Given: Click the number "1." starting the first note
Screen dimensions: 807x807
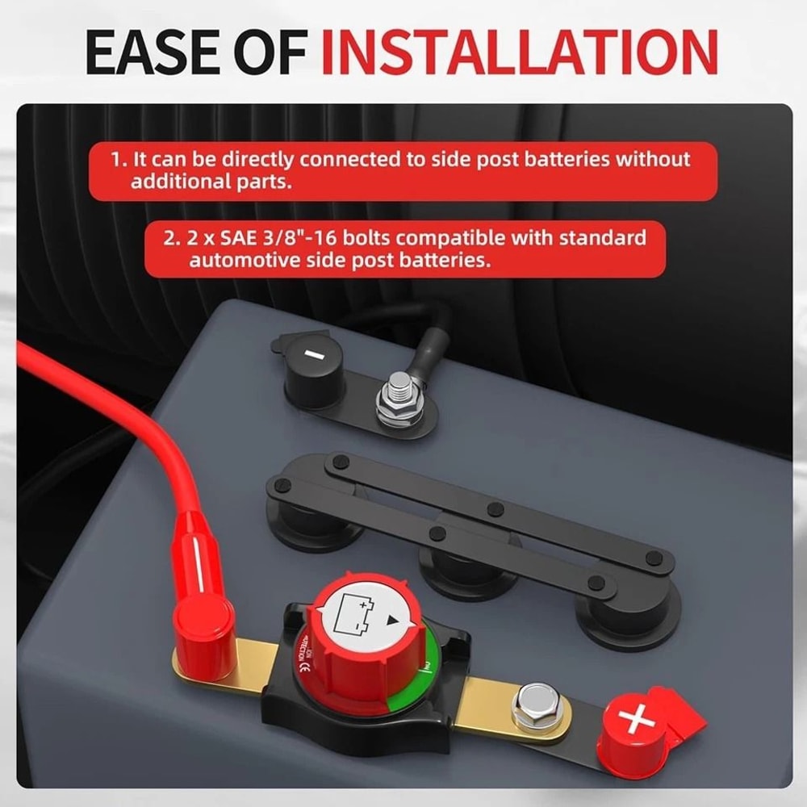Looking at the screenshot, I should coord(119,159).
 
